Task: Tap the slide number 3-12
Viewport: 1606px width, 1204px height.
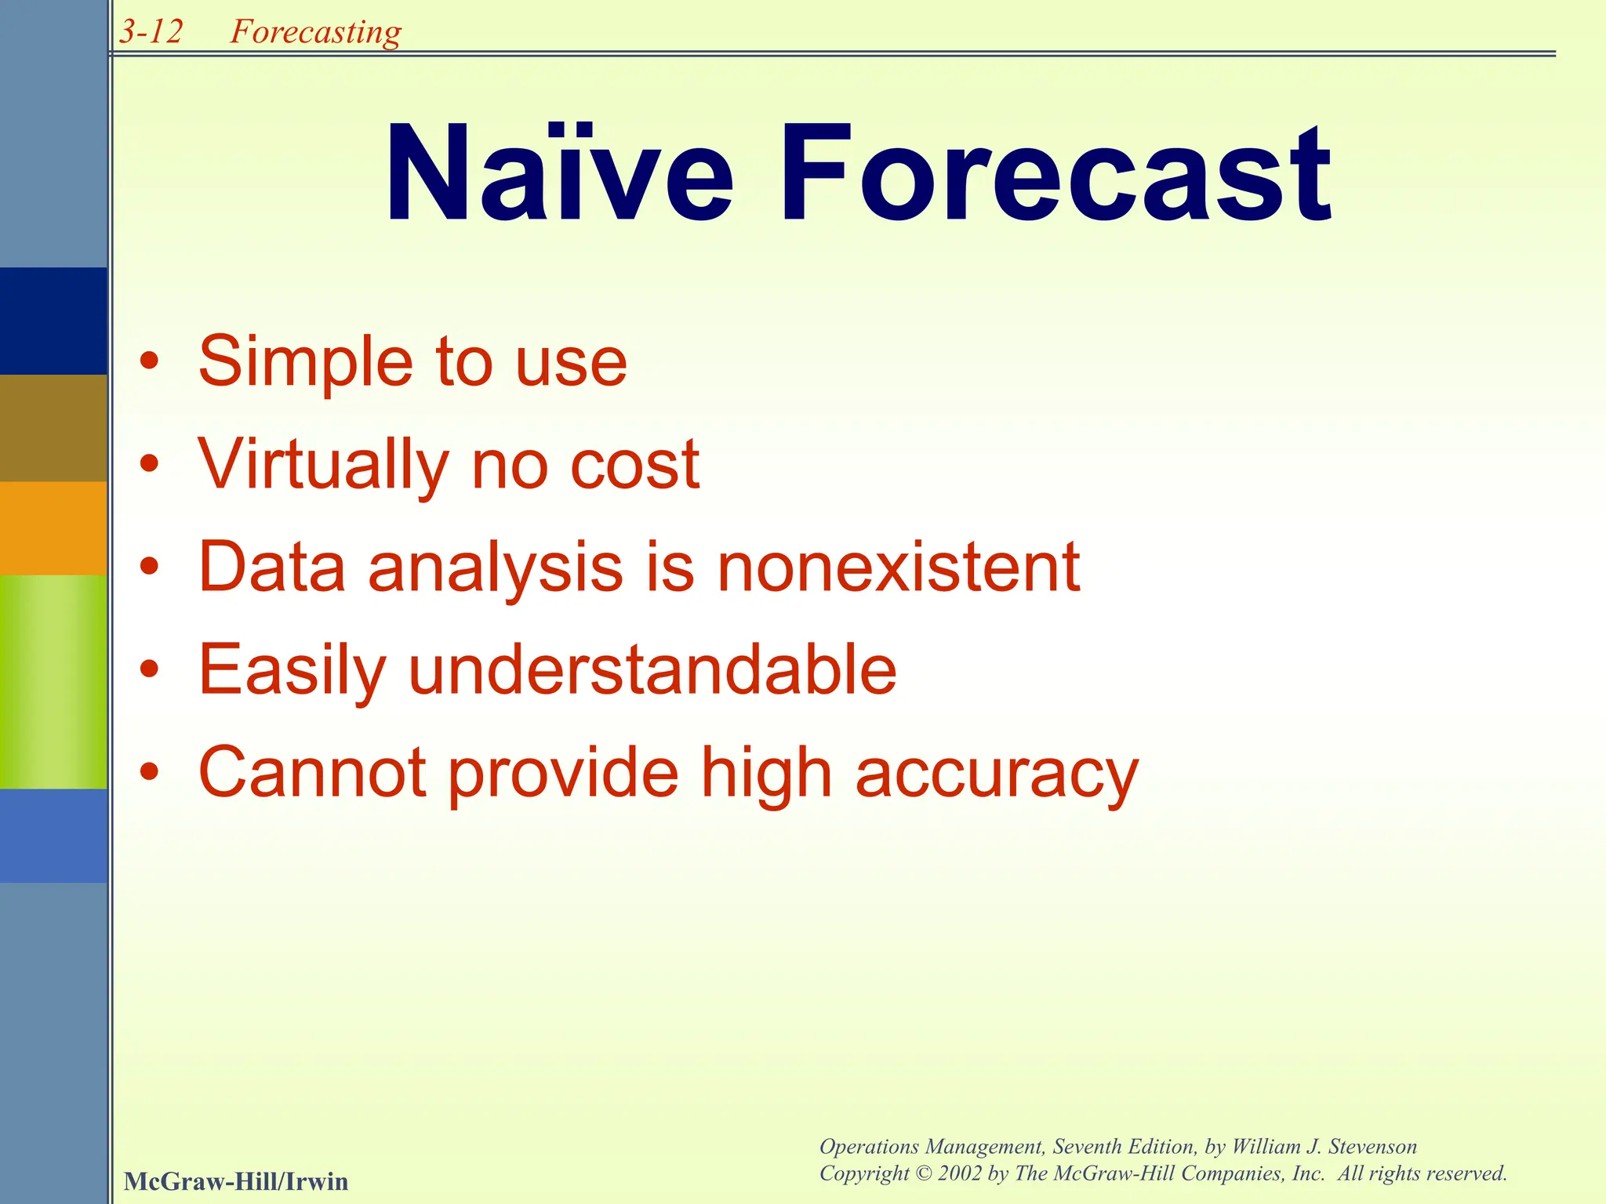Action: point(151,32)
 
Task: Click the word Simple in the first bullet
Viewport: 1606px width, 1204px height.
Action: point(305,362)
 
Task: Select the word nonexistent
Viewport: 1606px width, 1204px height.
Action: point(899,568)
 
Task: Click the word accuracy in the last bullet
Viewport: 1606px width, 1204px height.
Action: point(996,774)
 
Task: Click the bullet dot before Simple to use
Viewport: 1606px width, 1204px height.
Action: point(149,363)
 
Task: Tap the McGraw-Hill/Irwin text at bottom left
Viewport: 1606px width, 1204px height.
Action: point(236,1181)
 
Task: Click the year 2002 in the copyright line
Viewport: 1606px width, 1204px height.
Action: point(959,1173)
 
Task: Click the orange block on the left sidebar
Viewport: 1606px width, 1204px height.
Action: point(53,528)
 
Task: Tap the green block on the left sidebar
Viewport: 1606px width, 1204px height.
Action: point(53,682)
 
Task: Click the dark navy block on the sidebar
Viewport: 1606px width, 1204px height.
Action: point(53,321)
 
